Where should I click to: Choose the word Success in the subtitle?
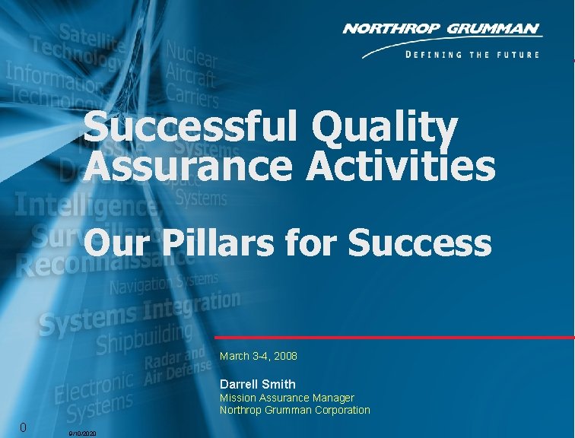(419, 244)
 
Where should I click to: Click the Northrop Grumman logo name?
(442, 29)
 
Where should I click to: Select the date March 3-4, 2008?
(258, 356)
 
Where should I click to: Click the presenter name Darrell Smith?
(257, 384)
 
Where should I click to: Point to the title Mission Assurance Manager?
(287, 398)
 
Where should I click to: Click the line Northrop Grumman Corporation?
(294, 411)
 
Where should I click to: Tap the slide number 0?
(24, 427)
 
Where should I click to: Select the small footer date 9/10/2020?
(81, 433)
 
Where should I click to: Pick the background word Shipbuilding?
(144, 339)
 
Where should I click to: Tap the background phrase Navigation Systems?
(164, 284)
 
